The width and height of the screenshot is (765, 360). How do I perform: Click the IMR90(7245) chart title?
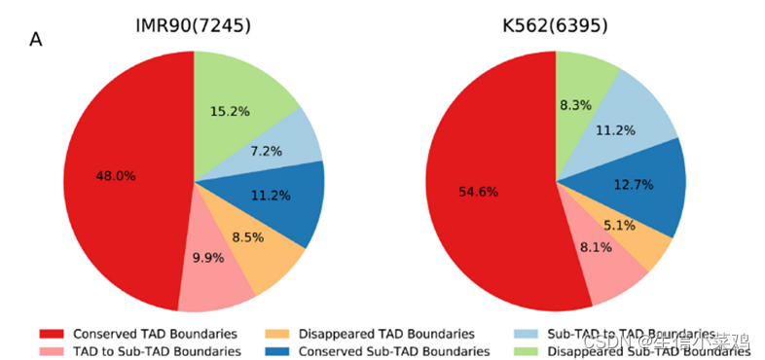click(193, 26)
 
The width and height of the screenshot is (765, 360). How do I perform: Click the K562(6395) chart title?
click(555, 26)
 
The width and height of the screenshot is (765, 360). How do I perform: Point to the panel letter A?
click(36, 40)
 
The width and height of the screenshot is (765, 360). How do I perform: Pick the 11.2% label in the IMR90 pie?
click(270, 195)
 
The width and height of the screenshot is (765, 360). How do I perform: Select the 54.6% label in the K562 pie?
click(478, 192)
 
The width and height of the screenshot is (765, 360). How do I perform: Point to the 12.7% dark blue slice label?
click(634, 185)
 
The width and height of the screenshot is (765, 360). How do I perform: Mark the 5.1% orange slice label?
click(621, 226)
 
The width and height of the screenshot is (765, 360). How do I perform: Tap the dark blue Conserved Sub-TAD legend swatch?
click(278, 350)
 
